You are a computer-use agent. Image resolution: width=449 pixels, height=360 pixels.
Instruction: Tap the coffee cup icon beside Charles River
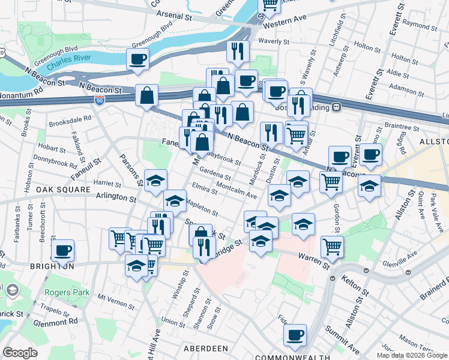(x=137, y=59)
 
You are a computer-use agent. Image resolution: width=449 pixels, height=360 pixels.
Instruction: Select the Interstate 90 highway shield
(x=100, y=100)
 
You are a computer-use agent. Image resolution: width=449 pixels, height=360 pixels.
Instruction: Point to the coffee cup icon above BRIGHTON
(x=62, y=250)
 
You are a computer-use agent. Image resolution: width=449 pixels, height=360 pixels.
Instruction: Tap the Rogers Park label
(x=66, y=293)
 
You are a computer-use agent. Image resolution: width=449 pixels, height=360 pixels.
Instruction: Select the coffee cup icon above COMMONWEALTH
(x=295, y=335)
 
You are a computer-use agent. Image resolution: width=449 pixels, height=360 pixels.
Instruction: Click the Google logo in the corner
(x=20, y=353)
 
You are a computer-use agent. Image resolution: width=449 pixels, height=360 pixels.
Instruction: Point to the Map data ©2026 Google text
(x=411, y=355)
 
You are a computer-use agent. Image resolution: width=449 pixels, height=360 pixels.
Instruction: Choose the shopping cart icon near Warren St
(x=332, y=245)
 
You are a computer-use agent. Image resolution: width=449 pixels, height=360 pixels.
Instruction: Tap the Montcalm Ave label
(x=236, y=191)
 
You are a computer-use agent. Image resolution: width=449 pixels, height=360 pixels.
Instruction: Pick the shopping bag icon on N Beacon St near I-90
(x=147, y=95)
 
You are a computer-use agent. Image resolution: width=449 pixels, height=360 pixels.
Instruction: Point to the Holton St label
(x=364, y=45)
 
